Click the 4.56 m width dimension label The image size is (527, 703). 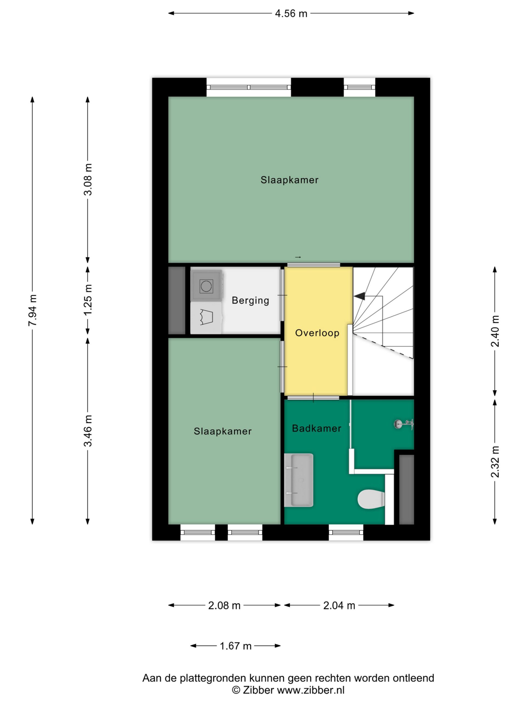(x=291, y=14)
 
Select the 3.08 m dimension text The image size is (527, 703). (x=88, y=179)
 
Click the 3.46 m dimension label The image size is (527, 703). (x=88, y=430)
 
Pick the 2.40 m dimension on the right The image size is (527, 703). (x=495, y=331)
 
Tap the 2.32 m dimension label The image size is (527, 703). (x=495, y=461)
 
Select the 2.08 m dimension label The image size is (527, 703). (x=224, y=606)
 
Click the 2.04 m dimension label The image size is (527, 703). (x=339, y=606)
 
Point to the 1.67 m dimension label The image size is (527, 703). (x=236, y=646)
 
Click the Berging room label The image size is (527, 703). (x=250, y=300)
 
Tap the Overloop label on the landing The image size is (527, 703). (x=317, y=333)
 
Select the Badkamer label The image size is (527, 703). (x=316, y=428)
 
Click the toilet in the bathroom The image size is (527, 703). (x=371, y=499)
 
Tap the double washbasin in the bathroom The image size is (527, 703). (x=299, y=480)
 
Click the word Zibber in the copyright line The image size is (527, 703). (x=258, y=690)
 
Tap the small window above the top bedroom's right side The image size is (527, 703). (x=359, y=87)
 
